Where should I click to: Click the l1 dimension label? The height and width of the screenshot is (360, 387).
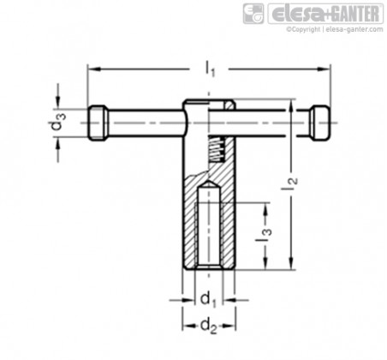click(210, 69)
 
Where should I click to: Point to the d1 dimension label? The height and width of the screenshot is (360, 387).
click(208, 300)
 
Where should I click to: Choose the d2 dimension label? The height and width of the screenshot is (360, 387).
click(209, 326)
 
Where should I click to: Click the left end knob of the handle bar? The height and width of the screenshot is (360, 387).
click(98, 123)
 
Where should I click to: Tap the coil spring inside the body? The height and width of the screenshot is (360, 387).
click(217, 149)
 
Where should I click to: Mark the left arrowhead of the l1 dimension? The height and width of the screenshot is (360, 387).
click(94, 69)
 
